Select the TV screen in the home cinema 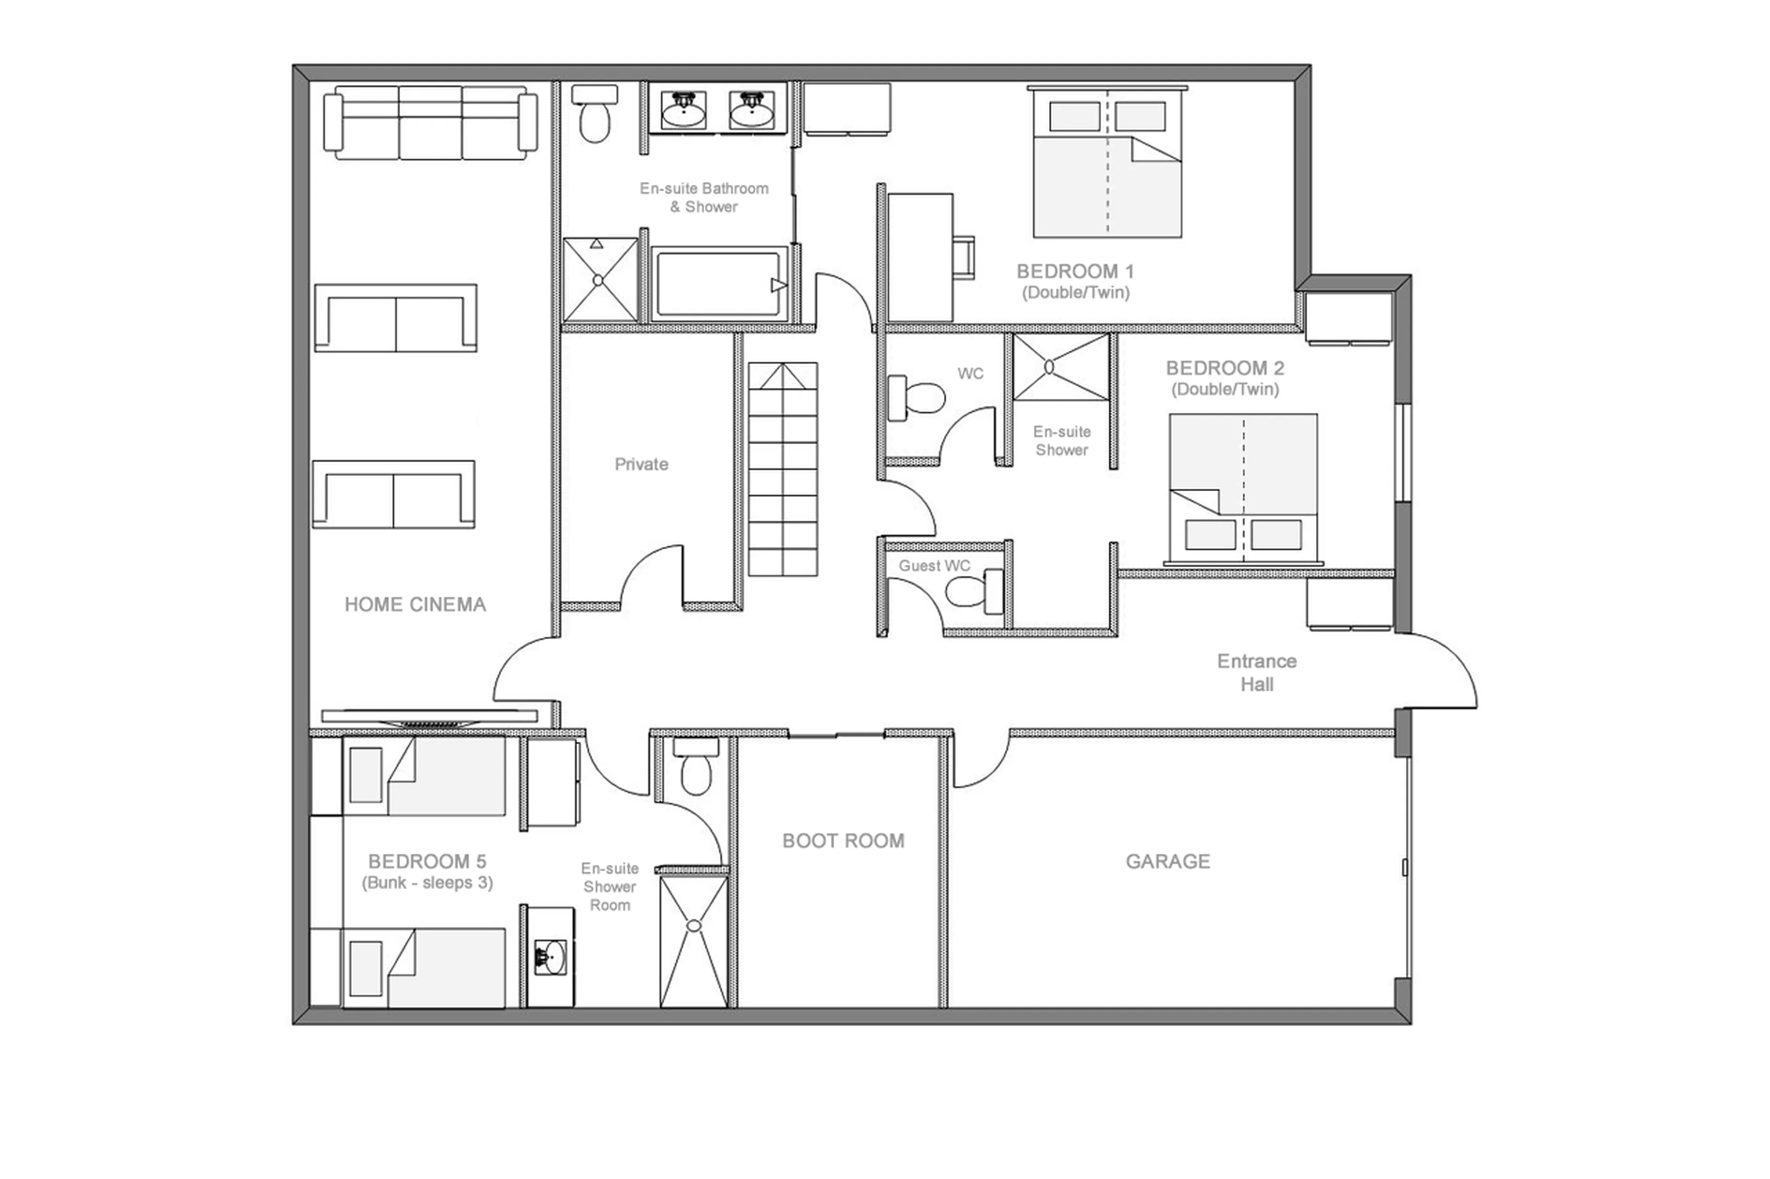click(x=430, y=716)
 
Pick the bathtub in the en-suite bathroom click(x=719, y=284)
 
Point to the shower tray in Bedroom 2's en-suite click(x=1061, y=368)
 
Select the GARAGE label click(x=1168, y=861)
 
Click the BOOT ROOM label click(x=843, y=841)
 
